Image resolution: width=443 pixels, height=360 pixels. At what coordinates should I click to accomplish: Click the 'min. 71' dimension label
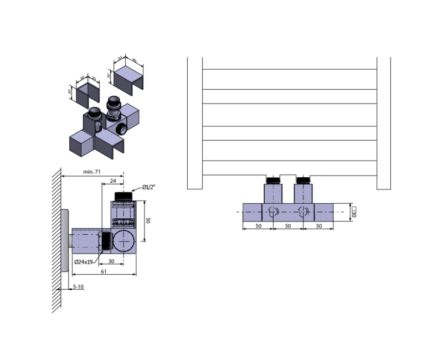point(92,172)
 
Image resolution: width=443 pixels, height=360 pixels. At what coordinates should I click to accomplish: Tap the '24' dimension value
point(113,181)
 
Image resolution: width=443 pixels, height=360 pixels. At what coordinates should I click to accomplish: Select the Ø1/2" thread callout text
point(148,187)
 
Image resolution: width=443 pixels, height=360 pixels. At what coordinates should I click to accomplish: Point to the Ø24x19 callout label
point(84,262)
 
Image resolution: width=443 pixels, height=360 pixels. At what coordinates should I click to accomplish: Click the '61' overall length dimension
point(104,271)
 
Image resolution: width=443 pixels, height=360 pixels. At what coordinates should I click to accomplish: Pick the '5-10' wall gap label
point(78,287)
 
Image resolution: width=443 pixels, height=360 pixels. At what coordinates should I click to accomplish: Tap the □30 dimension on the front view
point(353,212)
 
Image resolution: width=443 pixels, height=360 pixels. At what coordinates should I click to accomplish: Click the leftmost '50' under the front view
point(258,226)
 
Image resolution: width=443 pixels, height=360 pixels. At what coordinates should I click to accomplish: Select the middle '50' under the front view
point(287,226)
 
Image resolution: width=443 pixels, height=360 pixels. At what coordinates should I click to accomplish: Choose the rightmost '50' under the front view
point(319,226)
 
